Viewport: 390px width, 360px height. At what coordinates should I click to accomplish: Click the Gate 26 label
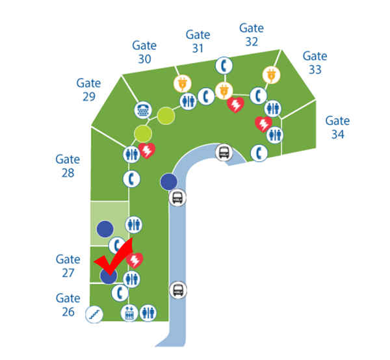tap(68, 305)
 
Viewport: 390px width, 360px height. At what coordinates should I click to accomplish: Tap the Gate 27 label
tap(68, 266)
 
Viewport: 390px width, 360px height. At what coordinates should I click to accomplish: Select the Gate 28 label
tap(68, 166)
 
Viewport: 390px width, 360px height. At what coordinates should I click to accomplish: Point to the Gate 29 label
tap(88, 90)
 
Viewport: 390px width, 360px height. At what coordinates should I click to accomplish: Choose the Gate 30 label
tap(144, 52)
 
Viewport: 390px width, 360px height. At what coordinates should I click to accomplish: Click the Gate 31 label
tap(198, 41)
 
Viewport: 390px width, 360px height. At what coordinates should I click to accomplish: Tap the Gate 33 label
tap(315, 63)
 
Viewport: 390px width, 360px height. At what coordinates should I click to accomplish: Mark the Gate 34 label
tap(337, 127)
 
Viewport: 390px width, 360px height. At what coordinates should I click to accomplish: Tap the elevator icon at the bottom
tap(129, 313)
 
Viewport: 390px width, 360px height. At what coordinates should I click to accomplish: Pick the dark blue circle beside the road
tap(168, 181)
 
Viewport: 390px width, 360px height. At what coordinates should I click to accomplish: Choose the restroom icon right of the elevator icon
tap(148, 313)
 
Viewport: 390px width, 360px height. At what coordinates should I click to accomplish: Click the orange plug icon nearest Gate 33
tap(270, 75)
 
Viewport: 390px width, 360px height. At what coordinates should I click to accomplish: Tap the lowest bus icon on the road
tap(177, 290)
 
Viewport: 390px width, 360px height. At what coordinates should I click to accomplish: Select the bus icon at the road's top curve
tap(224, 153)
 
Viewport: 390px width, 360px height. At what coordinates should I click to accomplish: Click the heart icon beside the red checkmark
tap(135, 261)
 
